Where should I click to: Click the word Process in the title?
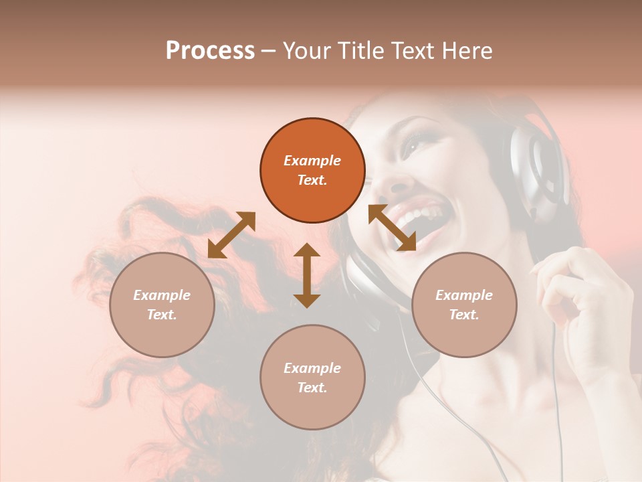point(210,51)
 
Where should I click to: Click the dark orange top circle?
point(312,171)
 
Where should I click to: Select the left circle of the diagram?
point(162,305)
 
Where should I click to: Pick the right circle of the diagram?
point(464,305)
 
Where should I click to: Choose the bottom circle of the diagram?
point(312,378)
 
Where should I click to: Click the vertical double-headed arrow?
point(307,275)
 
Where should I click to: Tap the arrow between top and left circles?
point(231,234)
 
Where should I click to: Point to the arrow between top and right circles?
point(392,228)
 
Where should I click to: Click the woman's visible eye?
point(413,143)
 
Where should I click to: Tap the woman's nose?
point(395,175)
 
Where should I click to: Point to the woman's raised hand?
point(575,295)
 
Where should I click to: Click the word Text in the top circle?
point(312,180)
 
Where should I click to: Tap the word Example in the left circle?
point(162,295)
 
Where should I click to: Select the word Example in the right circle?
point(464,295)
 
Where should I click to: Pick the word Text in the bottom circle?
point(312,388)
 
